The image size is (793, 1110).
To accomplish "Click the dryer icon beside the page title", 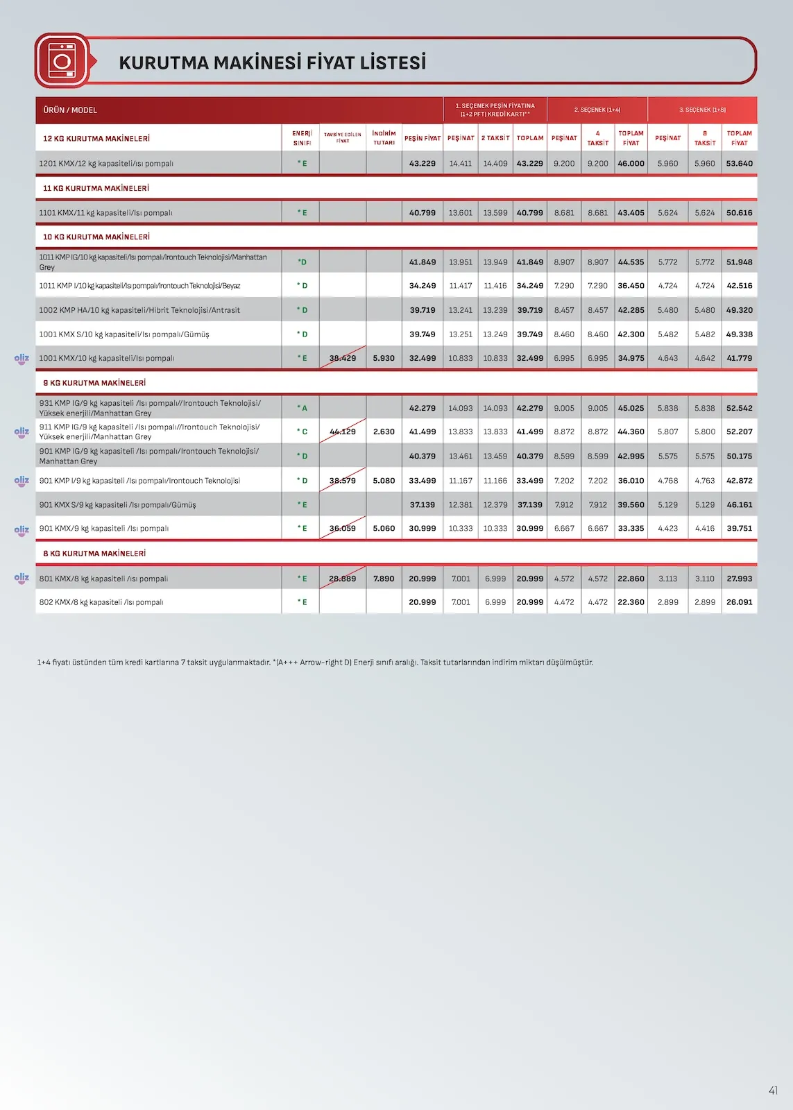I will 62,61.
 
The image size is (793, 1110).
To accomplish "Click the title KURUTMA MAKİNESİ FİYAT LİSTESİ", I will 272,62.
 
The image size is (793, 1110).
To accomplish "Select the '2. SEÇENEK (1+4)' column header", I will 597,110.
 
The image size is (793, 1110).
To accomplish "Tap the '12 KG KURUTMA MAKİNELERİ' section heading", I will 96,138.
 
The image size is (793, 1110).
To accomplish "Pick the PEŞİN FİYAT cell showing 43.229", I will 422,164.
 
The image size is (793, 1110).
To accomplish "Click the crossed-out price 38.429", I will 343,358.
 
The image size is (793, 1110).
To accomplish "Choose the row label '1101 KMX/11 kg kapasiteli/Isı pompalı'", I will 105,213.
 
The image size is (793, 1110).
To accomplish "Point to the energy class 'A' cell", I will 302,408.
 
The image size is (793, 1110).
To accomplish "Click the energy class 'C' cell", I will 302,432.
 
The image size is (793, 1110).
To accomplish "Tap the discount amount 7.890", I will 384,579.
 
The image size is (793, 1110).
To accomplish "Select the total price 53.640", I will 739,164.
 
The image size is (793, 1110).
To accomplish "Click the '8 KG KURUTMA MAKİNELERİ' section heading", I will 94,554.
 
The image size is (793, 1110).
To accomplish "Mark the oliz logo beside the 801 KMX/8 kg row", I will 22,578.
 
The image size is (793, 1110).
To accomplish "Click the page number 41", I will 773,1091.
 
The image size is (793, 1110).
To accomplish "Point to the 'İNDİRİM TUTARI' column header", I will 384,137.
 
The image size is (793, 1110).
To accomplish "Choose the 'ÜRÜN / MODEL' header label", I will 70,110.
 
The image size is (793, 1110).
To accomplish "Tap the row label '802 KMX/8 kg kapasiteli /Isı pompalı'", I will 101,602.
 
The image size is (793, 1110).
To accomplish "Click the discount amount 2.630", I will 384,432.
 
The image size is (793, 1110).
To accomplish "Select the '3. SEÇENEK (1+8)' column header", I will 702,110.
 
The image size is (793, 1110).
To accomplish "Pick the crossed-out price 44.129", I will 343,432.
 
